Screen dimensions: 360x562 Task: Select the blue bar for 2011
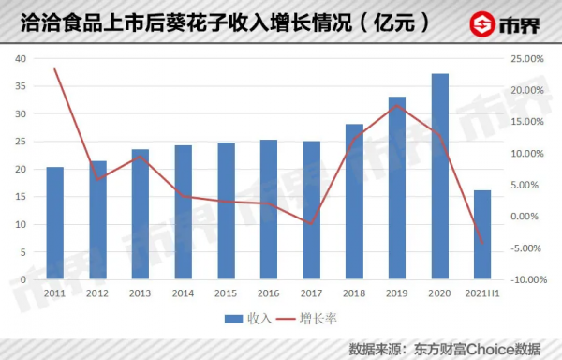pyautogui.click(x=55, y=223)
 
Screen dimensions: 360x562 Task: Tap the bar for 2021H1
pyautogui.click(x=482, y=234)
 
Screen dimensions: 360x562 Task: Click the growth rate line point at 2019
pyautogui.click(x=397, y=105)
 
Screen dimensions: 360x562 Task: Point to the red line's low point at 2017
pyautogui.click(x=311, y=223)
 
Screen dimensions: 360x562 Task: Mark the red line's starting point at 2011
pyautogui.click(x=55, y=69)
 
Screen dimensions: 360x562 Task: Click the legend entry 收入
pyautogui.click(x=246, y=319)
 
